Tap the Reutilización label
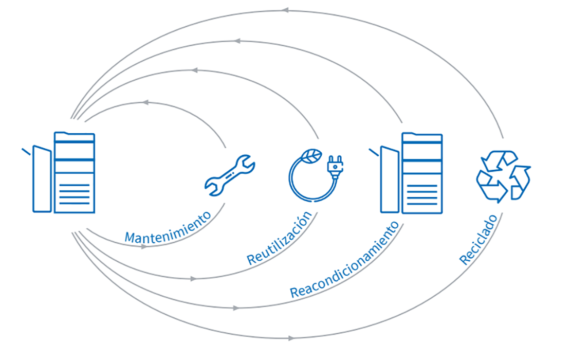click(280, 238)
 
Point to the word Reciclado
click(478, 240)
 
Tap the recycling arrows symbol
click(503, 175)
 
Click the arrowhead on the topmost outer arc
click(285, 10)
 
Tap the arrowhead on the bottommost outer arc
click(291, 338)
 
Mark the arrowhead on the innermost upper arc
click(145, 103)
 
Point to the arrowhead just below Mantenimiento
click(144, 246)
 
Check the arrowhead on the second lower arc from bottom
click(236, 308)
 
